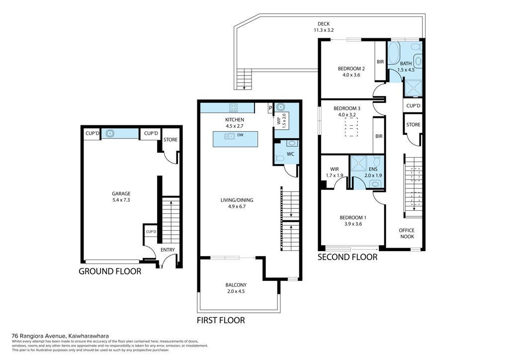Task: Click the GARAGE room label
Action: pos(121,194)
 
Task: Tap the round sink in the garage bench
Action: pos(110,133)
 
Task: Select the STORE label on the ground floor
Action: pos(170,140)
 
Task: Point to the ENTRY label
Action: pos(168,250)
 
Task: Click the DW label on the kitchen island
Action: pos(240,135)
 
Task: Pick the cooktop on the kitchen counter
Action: pos(234,107)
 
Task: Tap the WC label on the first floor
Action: pos(290,154)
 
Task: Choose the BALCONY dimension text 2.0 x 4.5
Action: pos(236,291)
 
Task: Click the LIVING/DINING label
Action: pos(237,200)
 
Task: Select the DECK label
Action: pos(324,24)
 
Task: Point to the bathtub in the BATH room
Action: pos(394,53)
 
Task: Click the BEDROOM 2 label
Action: pos(351,69)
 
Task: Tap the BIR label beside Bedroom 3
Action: pos(379,136)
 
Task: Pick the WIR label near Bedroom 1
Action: pos(335,169)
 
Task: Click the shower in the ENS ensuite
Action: pos(358,164)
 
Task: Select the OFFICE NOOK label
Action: pos(407,233)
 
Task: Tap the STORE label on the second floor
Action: pos(413,125)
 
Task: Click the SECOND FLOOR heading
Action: pos(347,257)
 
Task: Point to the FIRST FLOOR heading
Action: pos(221,320)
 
